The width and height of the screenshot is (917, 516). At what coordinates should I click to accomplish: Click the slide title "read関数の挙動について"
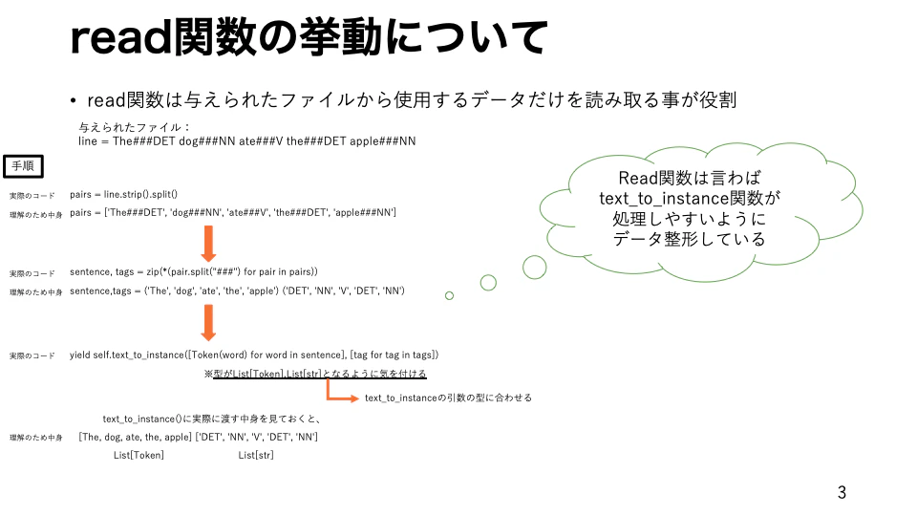309,37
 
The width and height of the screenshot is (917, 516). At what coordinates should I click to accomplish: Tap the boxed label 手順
23,166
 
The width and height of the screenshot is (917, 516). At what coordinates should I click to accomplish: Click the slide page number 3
842,493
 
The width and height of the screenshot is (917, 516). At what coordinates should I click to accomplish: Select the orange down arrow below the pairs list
208,244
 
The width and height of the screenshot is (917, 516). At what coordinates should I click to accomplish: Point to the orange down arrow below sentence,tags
208,323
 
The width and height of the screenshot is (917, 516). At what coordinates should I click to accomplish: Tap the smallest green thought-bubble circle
449,296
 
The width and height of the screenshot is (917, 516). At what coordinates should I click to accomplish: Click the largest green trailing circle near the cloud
535,268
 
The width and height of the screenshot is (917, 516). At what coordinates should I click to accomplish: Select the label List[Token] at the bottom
139,455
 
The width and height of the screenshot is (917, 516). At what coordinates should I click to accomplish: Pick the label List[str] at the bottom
256,455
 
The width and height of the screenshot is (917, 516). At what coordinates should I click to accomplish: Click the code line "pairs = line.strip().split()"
123,194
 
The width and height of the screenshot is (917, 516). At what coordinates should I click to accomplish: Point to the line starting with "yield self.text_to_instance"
254,355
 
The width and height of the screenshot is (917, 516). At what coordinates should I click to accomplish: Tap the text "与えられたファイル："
135,127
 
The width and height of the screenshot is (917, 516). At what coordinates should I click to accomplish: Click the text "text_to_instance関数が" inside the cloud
690,199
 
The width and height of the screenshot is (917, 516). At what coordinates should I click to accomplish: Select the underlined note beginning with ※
315,374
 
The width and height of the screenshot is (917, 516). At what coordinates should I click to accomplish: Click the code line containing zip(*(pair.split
194,272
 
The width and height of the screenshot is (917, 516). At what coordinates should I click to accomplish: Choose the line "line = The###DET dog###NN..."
247,141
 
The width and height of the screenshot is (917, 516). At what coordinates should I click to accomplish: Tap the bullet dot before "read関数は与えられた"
74,101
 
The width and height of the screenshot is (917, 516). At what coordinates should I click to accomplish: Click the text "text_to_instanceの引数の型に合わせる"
449,398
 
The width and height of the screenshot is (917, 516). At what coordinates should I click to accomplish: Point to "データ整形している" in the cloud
689,239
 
